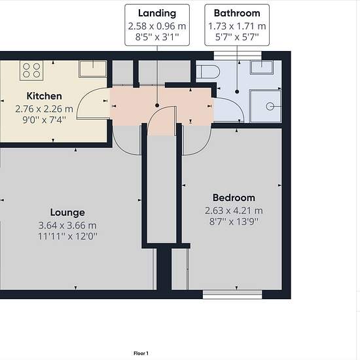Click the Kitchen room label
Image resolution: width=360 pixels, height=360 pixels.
click(x=44, y=96)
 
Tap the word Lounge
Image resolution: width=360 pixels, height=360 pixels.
click(x=67, y=213)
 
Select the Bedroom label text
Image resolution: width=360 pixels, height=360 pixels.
click(x=234, y=198)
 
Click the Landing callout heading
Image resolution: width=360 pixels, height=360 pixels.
click(x=157, y=13)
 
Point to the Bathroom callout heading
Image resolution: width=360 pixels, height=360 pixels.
click(x=237, y=13)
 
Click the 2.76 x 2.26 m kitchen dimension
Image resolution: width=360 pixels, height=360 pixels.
click(x=44, y=109)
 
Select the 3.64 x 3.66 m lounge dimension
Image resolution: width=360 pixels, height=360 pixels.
click(x=67, y=225)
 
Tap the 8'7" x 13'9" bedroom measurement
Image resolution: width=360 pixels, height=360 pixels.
click(x=234, y=221)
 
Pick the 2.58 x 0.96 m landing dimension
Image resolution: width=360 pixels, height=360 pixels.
click(x=157, y=26)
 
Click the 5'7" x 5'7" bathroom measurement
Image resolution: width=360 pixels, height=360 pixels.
click(x=237, y=37)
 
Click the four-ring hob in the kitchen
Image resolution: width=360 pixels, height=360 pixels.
click(x=31, y=70)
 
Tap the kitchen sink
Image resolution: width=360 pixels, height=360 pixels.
click(x=93, y=69)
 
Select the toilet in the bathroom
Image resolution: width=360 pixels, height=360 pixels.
click(x=208, y=71)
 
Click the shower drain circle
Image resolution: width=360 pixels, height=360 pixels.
click(x=270, y=107)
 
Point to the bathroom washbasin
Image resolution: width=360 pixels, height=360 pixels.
click(x=262, y=67)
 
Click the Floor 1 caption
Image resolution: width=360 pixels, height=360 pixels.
click(x=141, y=353)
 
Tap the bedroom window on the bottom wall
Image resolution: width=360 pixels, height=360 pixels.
click(x=232, y=295)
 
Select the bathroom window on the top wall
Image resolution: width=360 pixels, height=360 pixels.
click(x=238, y=56)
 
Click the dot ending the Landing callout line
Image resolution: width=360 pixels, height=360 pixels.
click(x=157, y=105)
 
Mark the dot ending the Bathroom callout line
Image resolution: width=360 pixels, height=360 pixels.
click(x=237, y=92)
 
